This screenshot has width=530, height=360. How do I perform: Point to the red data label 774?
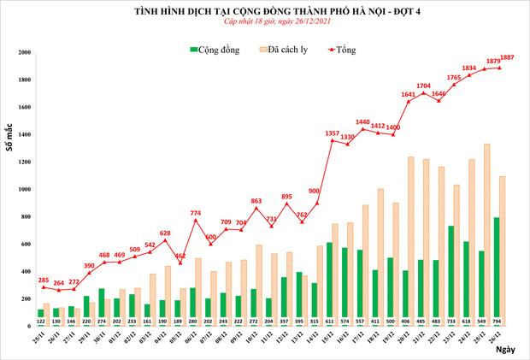coord(196,212)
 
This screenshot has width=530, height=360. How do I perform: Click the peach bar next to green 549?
coord(487,231)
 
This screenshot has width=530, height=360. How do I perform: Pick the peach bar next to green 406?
coord(411,235)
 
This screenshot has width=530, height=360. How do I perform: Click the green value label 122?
coord(41,322)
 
